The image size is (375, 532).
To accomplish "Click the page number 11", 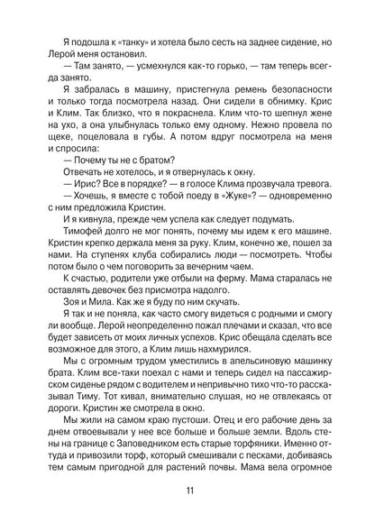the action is coord(187,489).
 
